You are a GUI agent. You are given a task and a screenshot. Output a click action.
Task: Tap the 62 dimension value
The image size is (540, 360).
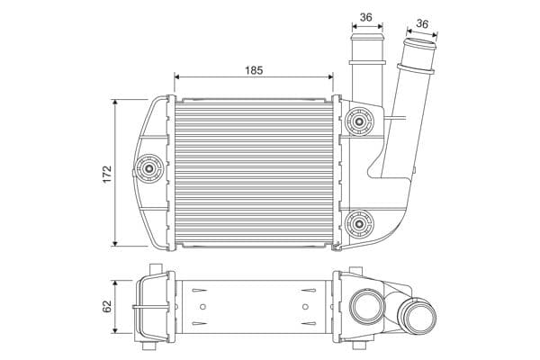(x=107, y=307)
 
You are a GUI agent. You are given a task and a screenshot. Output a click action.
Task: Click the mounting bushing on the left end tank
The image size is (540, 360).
(x=148, y=166)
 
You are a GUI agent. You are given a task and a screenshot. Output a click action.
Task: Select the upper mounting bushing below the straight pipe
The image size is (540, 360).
(x=360, y=120)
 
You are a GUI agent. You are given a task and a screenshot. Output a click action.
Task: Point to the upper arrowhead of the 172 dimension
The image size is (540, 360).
(x=117, y=103)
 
